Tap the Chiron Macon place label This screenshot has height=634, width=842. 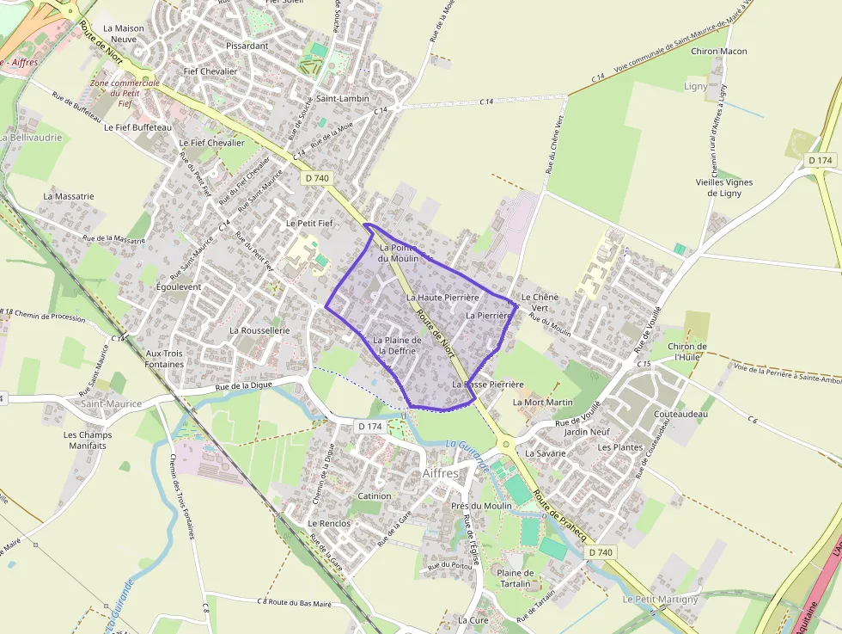pyautogui.click(x=719, y=52)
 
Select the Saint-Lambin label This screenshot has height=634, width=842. pyautogui.click(x=343, y=99)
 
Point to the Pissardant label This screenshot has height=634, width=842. pyautogui.click(x=247, y=46)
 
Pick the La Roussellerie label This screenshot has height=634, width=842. pyautogui.click(x=259, y=330)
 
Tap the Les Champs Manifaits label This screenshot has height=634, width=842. pyautogui.click(x=88, y=440)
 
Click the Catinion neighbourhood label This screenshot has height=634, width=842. pyautogui.click(x=374, y=496)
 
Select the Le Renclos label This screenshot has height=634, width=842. pyautogui.click(x=329, y=523)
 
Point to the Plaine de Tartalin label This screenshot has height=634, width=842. pyautogui.click(x=516, y=578)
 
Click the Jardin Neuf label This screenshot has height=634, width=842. pyautogui.click(x=588, y=432)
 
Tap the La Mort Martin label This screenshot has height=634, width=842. pyautogui.click(x=542, y=403)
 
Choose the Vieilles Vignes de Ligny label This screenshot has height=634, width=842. pyautogui.click(x=723, y=188)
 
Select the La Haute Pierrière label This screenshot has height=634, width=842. pyautogui.click(x=442, y=298)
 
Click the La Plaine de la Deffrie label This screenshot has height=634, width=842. pyautogui.click(x=397, y=346)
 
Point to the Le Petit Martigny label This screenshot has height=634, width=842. pyautogui.click(x=661, y=600)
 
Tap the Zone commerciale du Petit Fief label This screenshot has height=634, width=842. pyautogui.click(x=125, y=93)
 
